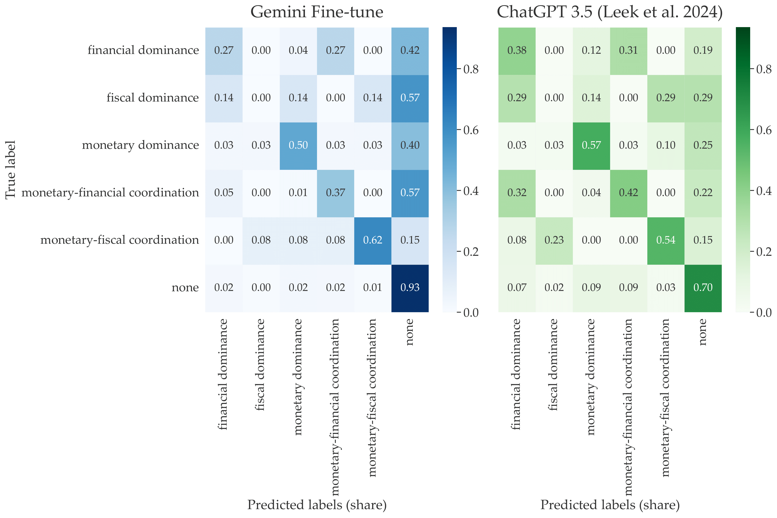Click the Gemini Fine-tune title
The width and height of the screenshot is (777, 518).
pos(317,12)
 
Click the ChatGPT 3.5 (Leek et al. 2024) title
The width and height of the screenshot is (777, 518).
pos(609,12)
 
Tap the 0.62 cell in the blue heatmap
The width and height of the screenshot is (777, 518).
pos(372,240)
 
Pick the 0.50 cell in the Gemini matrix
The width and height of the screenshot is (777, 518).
pos(298,145)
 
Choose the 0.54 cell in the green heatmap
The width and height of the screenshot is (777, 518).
pos(666,240)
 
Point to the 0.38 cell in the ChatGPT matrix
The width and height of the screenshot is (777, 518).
pos(517,51)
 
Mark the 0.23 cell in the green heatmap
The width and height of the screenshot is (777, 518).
pos(554,240)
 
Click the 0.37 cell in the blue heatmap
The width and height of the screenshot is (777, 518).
pos(335,193)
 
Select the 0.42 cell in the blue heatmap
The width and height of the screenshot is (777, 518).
pos(410,51)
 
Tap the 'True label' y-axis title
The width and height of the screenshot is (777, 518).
pos(11,170)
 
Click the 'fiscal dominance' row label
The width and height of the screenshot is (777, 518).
pos(152,98)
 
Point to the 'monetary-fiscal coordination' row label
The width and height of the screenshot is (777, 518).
pos(119,240)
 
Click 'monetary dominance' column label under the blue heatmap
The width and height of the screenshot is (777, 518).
pos(298,377)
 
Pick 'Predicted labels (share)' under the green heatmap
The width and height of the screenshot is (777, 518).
pos(610,505)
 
